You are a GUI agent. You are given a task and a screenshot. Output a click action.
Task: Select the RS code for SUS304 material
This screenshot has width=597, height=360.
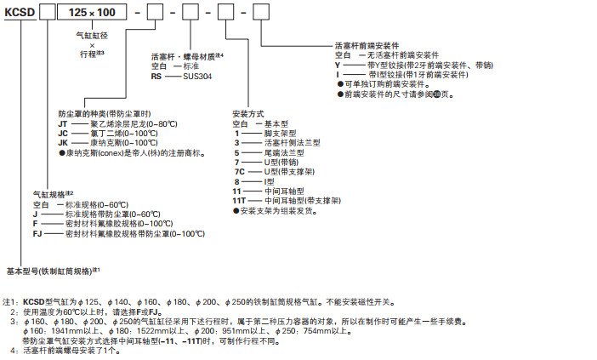pyautogui.click(x=156, y=75)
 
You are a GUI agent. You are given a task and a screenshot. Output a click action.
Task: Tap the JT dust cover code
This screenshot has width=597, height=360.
pyautogui.click(x=63, y=123)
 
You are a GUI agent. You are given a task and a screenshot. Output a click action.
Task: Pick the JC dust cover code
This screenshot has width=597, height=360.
pyautogui.click(x=63, y=133)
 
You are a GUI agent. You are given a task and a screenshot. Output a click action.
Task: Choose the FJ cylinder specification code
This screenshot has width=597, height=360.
pyautogui.click(x=38, y=233)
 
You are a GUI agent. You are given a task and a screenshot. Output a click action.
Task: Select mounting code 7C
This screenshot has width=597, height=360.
pyautogui.click(x=239, y=170)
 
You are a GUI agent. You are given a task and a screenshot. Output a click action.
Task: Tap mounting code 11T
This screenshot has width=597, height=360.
pyautogui.click(x=240, y=200)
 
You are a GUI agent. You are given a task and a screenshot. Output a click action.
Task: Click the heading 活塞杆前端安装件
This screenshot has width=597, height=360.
pyautogui.click(x=367, y=46)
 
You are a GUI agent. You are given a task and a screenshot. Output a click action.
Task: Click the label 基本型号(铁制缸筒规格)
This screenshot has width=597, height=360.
pyautogui.click(x=51, y=271)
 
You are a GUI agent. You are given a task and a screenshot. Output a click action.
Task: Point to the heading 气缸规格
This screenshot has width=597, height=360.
pyautogui.click(x=49, y=195)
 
